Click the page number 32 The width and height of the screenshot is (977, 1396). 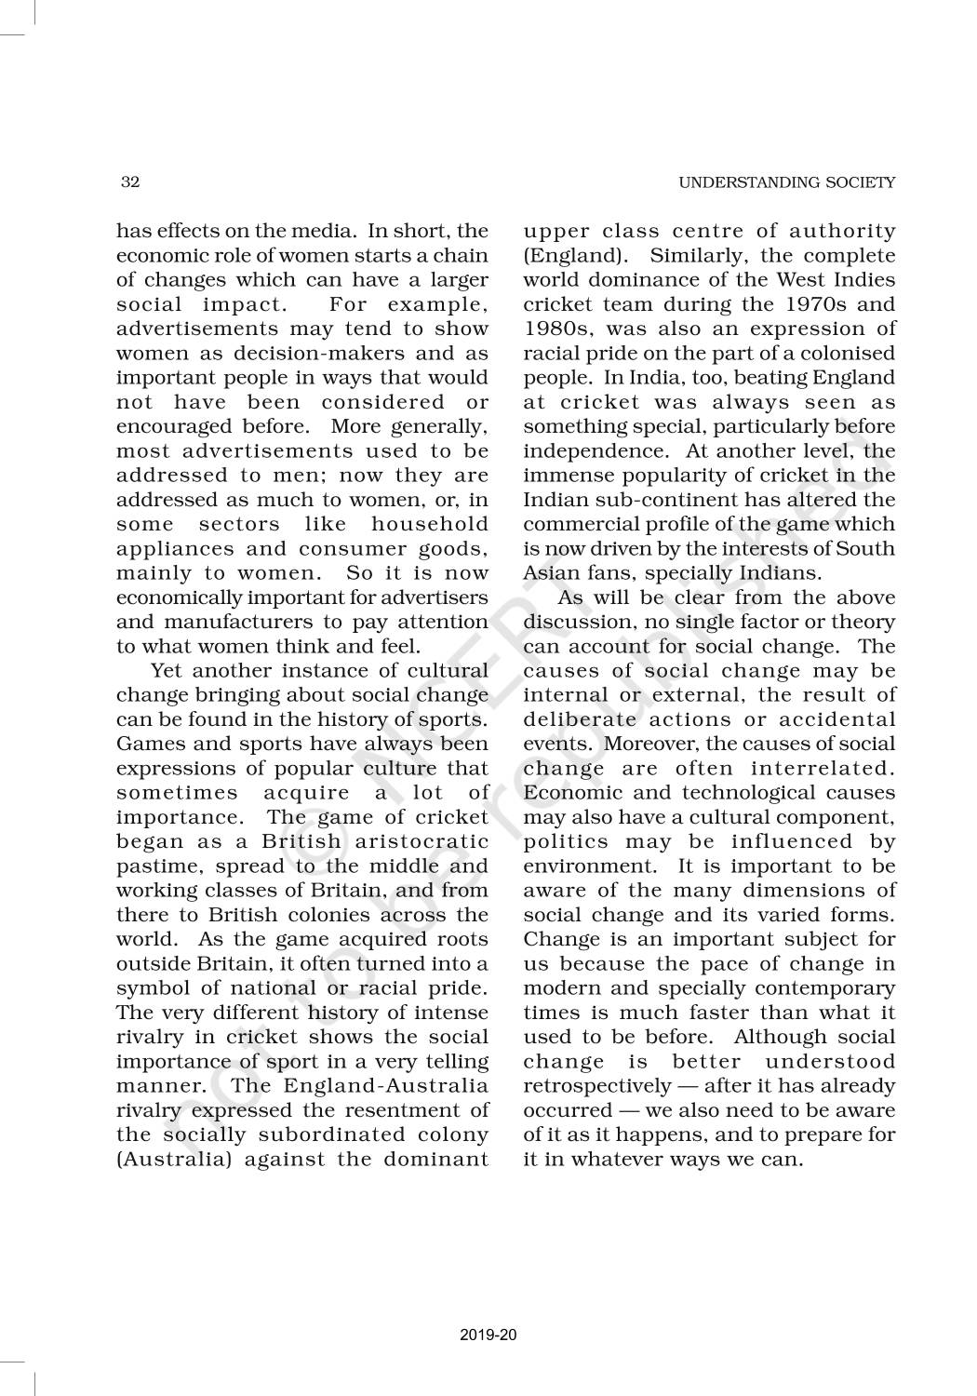pyautogui.click(x=130, y=182)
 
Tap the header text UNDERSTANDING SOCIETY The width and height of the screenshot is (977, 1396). pyautogui.click(x=786, y=183)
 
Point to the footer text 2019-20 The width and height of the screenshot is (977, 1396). pyautogui.click(x=488, y=1336)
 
